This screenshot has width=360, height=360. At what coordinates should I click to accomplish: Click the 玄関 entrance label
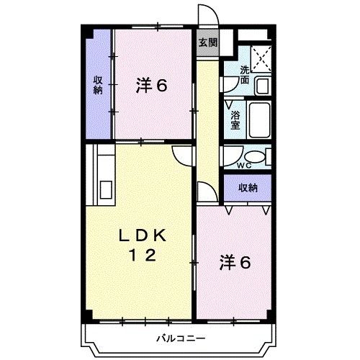(207, 42)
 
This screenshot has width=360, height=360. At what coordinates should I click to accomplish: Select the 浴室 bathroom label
(235, 120)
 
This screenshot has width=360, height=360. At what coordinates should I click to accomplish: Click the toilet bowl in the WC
(253, 157)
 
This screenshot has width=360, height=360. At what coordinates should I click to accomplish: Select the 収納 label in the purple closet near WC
(248, 188)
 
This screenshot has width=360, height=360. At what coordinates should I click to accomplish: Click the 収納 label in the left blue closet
(97, 86)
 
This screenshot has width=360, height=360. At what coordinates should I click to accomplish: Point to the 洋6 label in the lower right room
(235, 263)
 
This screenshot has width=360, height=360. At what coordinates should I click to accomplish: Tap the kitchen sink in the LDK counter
(107, 189)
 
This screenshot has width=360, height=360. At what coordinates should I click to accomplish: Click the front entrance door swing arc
(209, 16)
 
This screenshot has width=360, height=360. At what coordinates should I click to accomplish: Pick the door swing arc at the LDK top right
(184, 153)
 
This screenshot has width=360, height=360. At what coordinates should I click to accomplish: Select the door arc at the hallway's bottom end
(207, 192)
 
